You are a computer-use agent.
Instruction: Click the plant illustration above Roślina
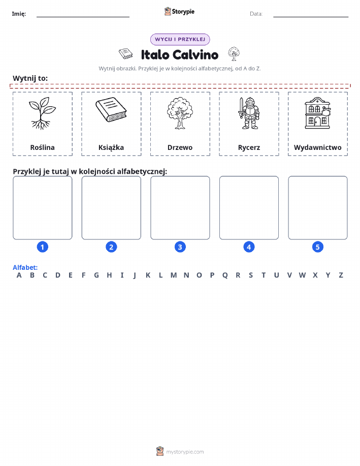pyautogui.click(x=42, y=113)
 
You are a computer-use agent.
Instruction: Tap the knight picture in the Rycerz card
pyautogui.click(x=249, y=113)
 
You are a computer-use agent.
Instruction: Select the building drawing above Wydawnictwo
pyautogui.click(x=317, y=113)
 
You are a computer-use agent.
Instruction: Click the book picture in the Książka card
pyautogui.click(x=111, y=110)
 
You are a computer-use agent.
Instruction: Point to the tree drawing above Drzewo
pyautogui.click(x=180, y=113)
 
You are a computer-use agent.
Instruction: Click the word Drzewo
pyautogui.click(x=180, y=147)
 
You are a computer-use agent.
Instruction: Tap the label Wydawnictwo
pyautogui.click(x=317, y=147)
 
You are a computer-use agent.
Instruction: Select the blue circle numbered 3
pyautogui.click(x=180, y=247)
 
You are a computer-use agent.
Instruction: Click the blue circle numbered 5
pyautogui.click(x=317, y=247)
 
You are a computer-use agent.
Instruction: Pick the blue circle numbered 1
pyautogui.click(x=43, y=247)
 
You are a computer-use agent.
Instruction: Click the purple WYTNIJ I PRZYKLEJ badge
pyautogui.click(x=180, y=39)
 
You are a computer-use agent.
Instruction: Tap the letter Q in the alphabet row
pyautogui.click(x=225, y=275)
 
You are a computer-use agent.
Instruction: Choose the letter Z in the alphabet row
pyautogui.click(x=341, y=275)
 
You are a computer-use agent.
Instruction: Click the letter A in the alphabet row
pyautogui.click(x=19, y=275)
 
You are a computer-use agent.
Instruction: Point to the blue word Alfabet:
pyautogui.click(x=25, y=267)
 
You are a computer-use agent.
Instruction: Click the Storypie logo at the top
pyautogui.click(x=179, y=12)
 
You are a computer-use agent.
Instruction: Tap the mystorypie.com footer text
pyautogui.click(x=185, y=452)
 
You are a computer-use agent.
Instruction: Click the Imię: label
pyautogui.click(x=19, y=14)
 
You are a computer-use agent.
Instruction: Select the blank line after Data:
pyautogui.click(x=311, y=17)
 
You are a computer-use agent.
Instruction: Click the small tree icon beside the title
pyautogui.click(x=234, y=54)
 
